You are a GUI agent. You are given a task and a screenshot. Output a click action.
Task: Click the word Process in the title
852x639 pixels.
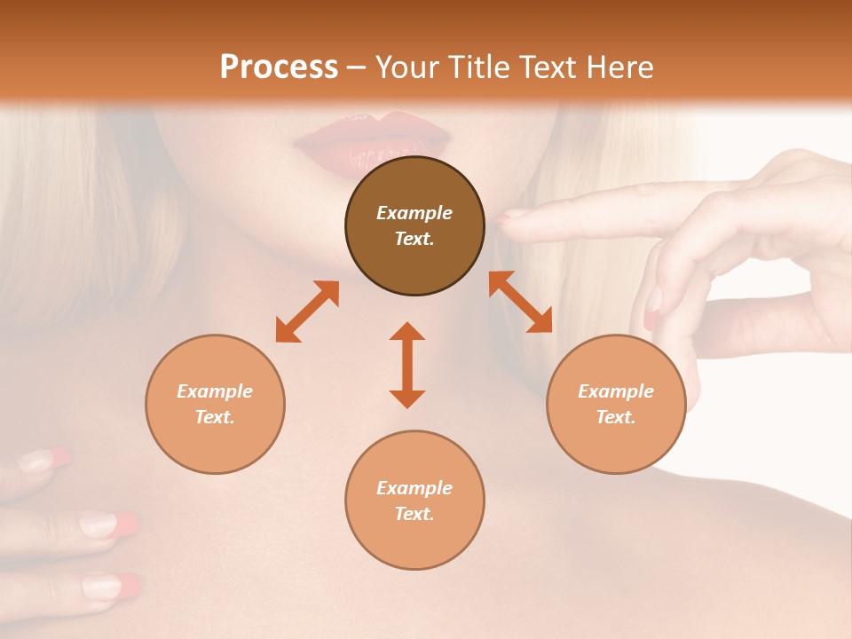click(x=279, y=67)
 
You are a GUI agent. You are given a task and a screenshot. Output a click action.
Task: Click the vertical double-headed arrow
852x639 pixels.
click(x=407, y=365)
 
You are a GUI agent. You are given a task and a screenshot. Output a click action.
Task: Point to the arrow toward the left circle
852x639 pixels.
click(x=307, y=312)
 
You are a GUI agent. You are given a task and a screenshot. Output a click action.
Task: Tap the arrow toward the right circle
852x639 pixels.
click(x=520, y=302)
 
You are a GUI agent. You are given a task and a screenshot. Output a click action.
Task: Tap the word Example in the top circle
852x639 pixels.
click(x=414, y=213)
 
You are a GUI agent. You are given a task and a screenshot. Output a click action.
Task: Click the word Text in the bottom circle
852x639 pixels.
click(x=414, y=514)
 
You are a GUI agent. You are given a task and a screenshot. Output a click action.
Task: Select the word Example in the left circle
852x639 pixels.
click(x=215, y=391)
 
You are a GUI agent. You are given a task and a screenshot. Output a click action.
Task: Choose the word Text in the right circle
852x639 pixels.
click(x=615, y=417)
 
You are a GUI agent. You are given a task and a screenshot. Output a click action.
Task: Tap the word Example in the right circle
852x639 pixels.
click(x=616, y=391)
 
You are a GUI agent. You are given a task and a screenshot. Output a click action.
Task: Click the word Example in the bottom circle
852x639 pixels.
click(x=414, y=488)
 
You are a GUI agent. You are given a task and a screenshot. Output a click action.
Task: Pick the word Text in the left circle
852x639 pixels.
click(x=214, y=417)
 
